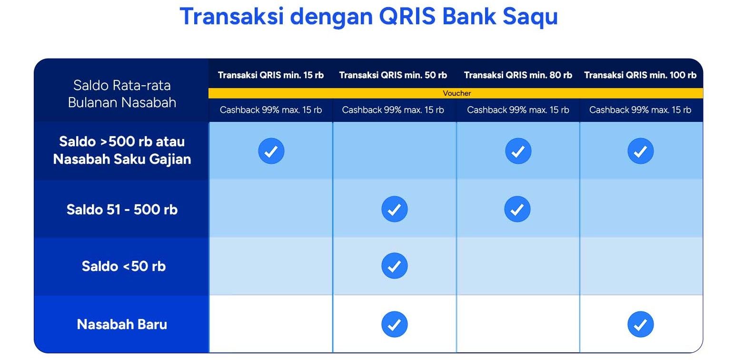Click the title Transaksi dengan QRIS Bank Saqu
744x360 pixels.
(368, 17)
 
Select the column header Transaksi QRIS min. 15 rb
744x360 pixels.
(270, 75)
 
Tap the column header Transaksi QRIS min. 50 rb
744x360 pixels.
(393, 75)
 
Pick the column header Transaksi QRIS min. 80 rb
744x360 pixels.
(517, 75)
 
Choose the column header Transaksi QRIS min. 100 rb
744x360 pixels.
(640, 75)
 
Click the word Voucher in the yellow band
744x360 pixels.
(456, 93)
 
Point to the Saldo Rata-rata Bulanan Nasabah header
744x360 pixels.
(122, 94)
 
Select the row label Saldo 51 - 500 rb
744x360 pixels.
(122, 210)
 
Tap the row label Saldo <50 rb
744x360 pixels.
(123, 266)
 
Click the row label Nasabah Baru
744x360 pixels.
(122, 324)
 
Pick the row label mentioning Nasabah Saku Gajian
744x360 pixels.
(122, 150)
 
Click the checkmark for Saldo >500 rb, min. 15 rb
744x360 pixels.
(271, 151)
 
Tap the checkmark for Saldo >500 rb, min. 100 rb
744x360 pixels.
(640, 151)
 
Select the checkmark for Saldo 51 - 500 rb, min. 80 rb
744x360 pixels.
(517, 209)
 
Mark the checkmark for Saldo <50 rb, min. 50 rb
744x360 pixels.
(394, 266)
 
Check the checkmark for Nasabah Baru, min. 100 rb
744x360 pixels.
(640, 324)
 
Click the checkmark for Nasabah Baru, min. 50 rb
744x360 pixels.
(394, 324)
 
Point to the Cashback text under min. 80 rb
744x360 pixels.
(517, 110)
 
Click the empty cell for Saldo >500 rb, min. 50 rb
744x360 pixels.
(394, 151)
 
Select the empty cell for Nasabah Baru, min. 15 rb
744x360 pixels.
(271, 324)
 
